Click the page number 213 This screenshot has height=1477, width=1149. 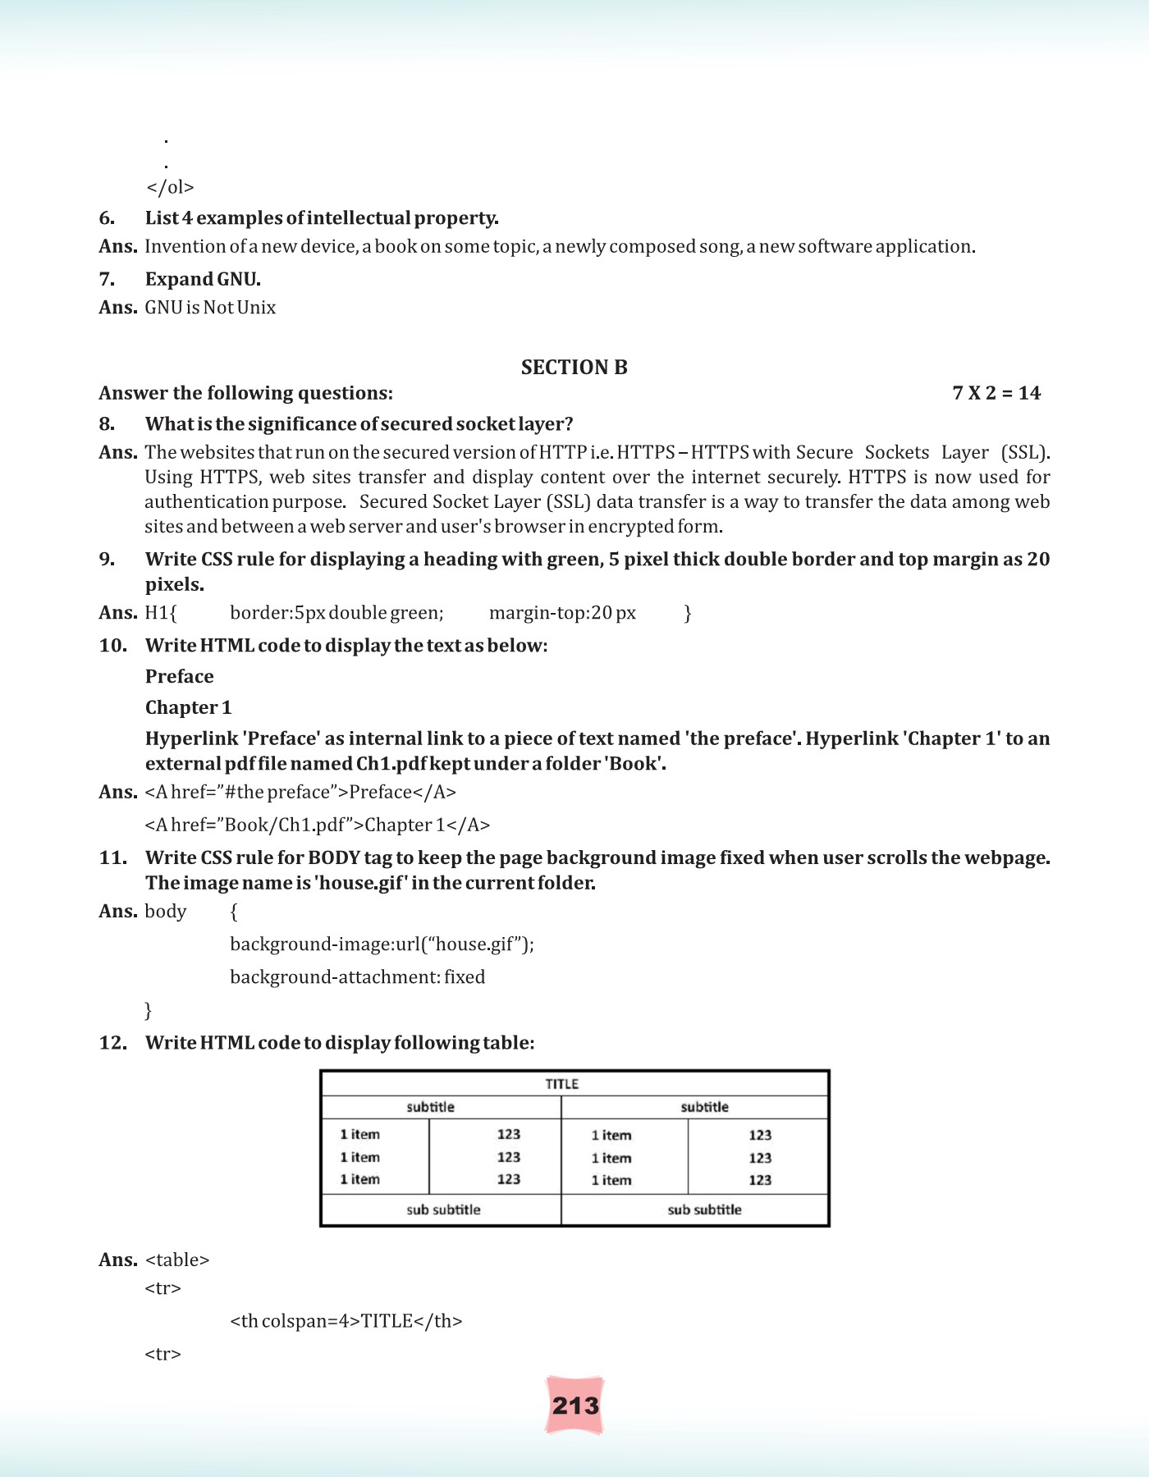(x=575, y=1406)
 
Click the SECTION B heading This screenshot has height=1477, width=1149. (x=574, y=367)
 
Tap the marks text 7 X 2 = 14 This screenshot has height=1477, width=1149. (x=996, y=393)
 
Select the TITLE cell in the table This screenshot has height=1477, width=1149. (x=562, y=1084)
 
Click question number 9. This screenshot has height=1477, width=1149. (x=108, y=560)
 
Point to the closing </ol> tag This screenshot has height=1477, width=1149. (x=170, y=188)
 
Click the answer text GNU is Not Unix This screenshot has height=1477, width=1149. (x=210, y=308)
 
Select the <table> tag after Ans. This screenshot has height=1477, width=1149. (x=177, y=1260)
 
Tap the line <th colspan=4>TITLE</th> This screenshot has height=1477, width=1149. (x=346, y=1321)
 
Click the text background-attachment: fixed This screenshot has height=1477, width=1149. (x=357, y=977)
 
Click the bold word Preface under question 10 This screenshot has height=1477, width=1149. (x=179, y=677)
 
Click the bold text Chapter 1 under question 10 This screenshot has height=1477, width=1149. (x=188, y=707)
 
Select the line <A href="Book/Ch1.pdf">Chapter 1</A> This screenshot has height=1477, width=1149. (x=317, y=825)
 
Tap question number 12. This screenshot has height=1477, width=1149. (x=112, y=1043)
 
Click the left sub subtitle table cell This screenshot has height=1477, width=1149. (x=443, y=1209)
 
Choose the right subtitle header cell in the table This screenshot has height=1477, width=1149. (x=704, y=1107)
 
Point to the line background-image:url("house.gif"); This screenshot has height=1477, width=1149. (x=382, y=944)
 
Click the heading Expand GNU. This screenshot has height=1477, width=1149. (x=203, y=280)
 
